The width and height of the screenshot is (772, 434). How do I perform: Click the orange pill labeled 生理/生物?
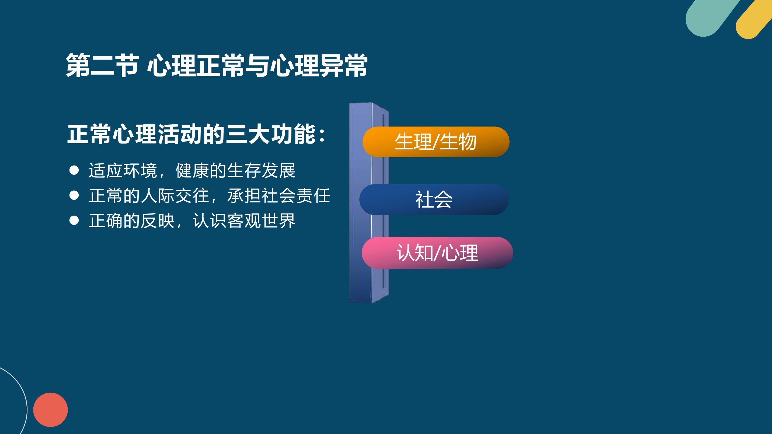point(436,142)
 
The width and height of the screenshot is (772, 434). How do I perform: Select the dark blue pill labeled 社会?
point(434,199)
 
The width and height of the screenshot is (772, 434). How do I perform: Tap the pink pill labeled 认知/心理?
point(437,253)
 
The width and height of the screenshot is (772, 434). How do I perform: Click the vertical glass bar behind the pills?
point(369,203)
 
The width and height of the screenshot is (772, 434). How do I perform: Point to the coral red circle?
point(50,410)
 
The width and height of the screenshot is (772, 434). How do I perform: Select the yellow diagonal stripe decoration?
point(754,19)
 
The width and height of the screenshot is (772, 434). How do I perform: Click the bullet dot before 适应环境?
point(74,170)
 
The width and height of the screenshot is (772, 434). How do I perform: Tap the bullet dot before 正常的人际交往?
point(74,195)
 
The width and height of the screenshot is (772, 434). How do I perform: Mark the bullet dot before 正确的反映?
point(74,221)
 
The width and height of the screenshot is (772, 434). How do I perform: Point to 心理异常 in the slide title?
point(319,65)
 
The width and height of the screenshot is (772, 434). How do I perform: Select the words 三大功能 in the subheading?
point(271,134)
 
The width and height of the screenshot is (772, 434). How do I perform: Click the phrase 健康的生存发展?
point(235,170)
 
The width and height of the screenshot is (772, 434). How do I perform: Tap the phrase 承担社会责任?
point(279,195)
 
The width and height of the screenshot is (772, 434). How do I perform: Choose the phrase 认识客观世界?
point(244,221)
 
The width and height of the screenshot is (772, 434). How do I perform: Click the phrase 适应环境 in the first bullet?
point(123,170)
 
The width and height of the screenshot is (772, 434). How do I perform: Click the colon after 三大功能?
point(322,135)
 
